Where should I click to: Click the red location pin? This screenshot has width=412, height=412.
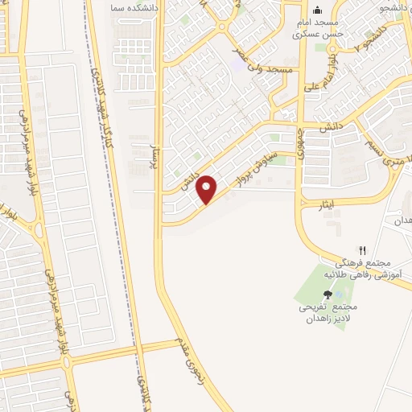pos(207,188)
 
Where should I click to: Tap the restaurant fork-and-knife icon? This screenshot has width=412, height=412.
pos(362,251)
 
